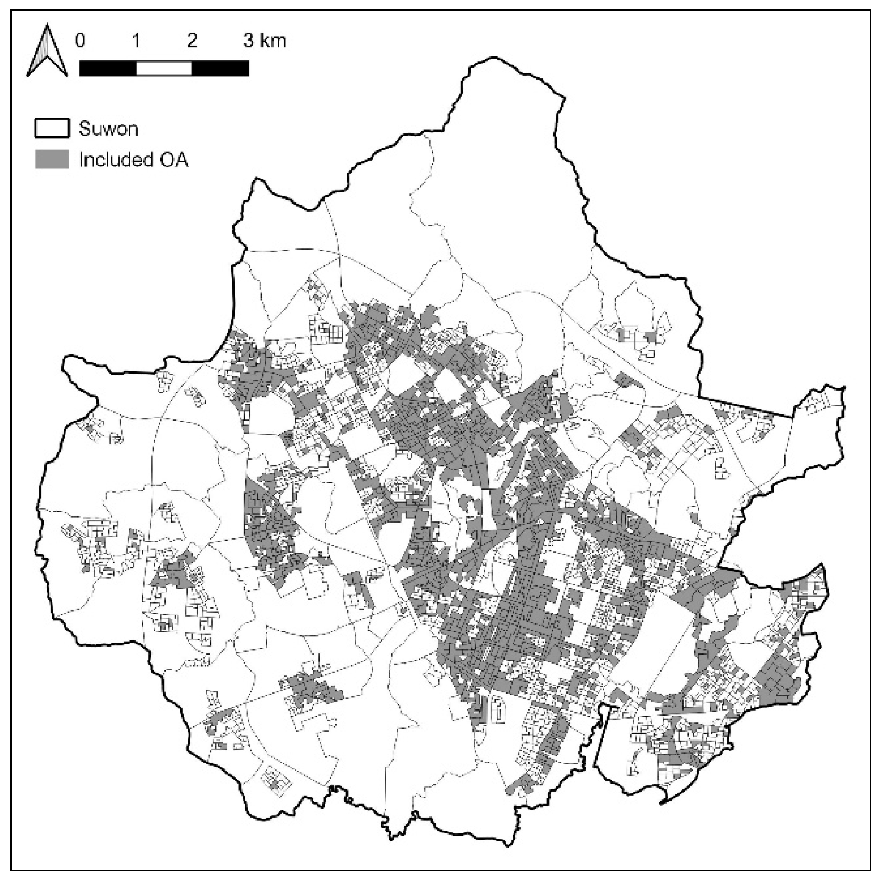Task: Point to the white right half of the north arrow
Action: [53, 55]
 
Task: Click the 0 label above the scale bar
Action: [80, 41]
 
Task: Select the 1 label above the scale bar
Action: [136, 41]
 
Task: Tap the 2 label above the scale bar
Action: [192, 41]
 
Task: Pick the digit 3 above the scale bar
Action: [249, 41]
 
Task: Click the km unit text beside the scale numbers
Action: [272, 41]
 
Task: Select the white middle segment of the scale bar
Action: [164, 68]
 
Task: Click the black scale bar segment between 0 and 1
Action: [108, 68]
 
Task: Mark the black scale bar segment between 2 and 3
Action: [220, 68]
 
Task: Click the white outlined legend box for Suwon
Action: [52, 128]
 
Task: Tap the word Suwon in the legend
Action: [108, 129]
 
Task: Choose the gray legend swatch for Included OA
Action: [52, 159]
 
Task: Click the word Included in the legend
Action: [116, 160]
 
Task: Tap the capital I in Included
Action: [81, 160]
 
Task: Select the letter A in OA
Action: [181, 160]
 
